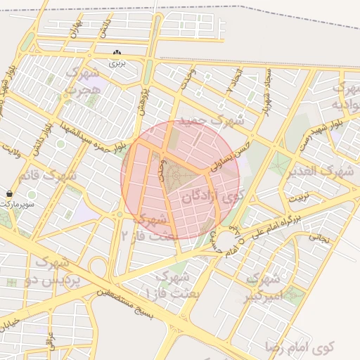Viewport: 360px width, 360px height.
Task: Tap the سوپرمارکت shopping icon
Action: point(8,193)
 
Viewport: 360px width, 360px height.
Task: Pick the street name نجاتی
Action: point(318,238)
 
